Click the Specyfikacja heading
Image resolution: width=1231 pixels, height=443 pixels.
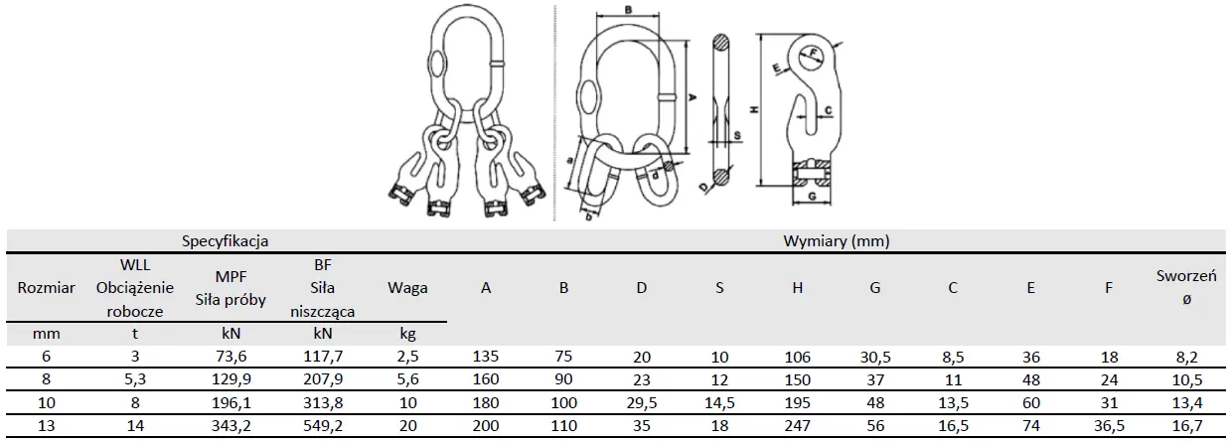click(x=226, y=240)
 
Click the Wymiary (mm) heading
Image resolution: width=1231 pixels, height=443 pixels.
click(x=837, y=240)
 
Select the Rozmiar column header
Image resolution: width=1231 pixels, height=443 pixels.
click(x=46, y=287)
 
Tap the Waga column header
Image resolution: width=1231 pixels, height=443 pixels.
click(x=407, y=287)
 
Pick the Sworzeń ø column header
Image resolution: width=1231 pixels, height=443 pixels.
click(x=1186, y=287)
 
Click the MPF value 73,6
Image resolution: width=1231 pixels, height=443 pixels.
click(x=231, y=357)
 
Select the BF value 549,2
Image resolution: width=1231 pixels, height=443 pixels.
click(x=323, y=425)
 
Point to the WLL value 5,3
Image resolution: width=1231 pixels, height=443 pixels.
click(x=135, y=379)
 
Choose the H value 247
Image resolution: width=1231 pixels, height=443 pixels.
click(x=798, y=425)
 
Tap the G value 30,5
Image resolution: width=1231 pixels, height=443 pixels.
click(x=875, y=357)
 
